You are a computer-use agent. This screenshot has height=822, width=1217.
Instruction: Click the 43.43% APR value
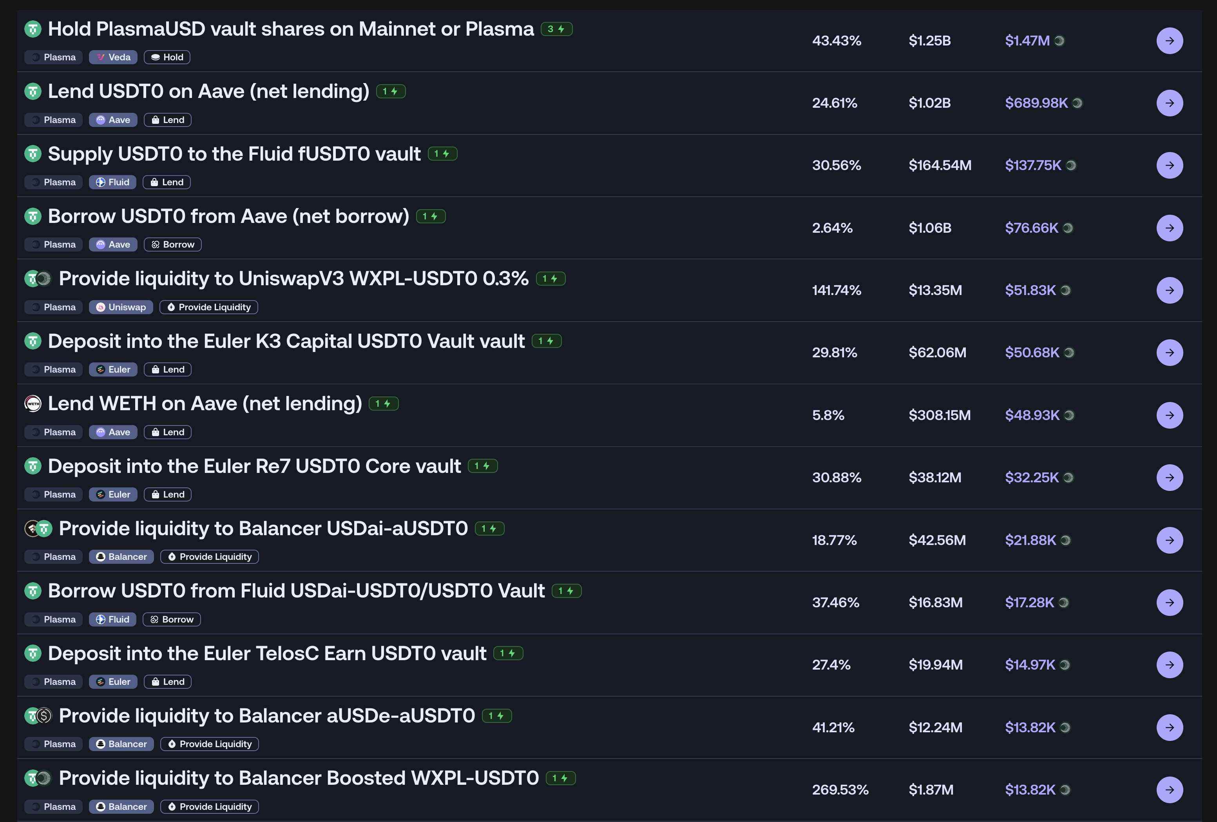[836, 41]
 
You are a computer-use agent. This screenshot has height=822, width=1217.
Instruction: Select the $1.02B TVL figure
[929, 103]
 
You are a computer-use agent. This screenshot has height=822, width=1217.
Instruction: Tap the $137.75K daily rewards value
[1033, 165]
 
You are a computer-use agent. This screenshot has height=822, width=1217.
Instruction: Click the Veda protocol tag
[113, 57]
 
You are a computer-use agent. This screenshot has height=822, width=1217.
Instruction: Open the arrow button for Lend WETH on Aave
[1169, 415]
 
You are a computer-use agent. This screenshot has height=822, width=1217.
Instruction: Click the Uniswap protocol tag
[121, 307]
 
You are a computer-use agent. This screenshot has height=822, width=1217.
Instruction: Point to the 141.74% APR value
[836, 291]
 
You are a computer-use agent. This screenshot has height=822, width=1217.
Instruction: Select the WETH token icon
[33, 404]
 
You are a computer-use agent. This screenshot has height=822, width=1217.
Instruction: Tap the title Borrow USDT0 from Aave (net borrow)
[228, 216]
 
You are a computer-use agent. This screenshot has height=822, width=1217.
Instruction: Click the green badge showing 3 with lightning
[556, 29]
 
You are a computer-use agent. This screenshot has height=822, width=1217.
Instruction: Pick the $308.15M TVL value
[940, 415]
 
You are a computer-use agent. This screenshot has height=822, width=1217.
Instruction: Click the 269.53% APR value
[840, 789]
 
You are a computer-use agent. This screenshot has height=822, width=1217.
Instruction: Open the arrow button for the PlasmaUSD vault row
[1169, 41]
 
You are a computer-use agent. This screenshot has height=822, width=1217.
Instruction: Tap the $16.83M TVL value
[935, 603]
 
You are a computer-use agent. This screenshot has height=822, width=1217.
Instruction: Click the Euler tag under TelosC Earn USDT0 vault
[113, 682]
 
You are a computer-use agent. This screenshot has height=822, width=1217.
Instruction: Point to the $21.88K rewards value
[1030, 540]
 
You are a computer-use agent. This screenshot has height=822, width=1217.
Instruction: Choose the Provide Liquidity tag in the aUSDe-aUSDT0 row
[210, 744]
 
